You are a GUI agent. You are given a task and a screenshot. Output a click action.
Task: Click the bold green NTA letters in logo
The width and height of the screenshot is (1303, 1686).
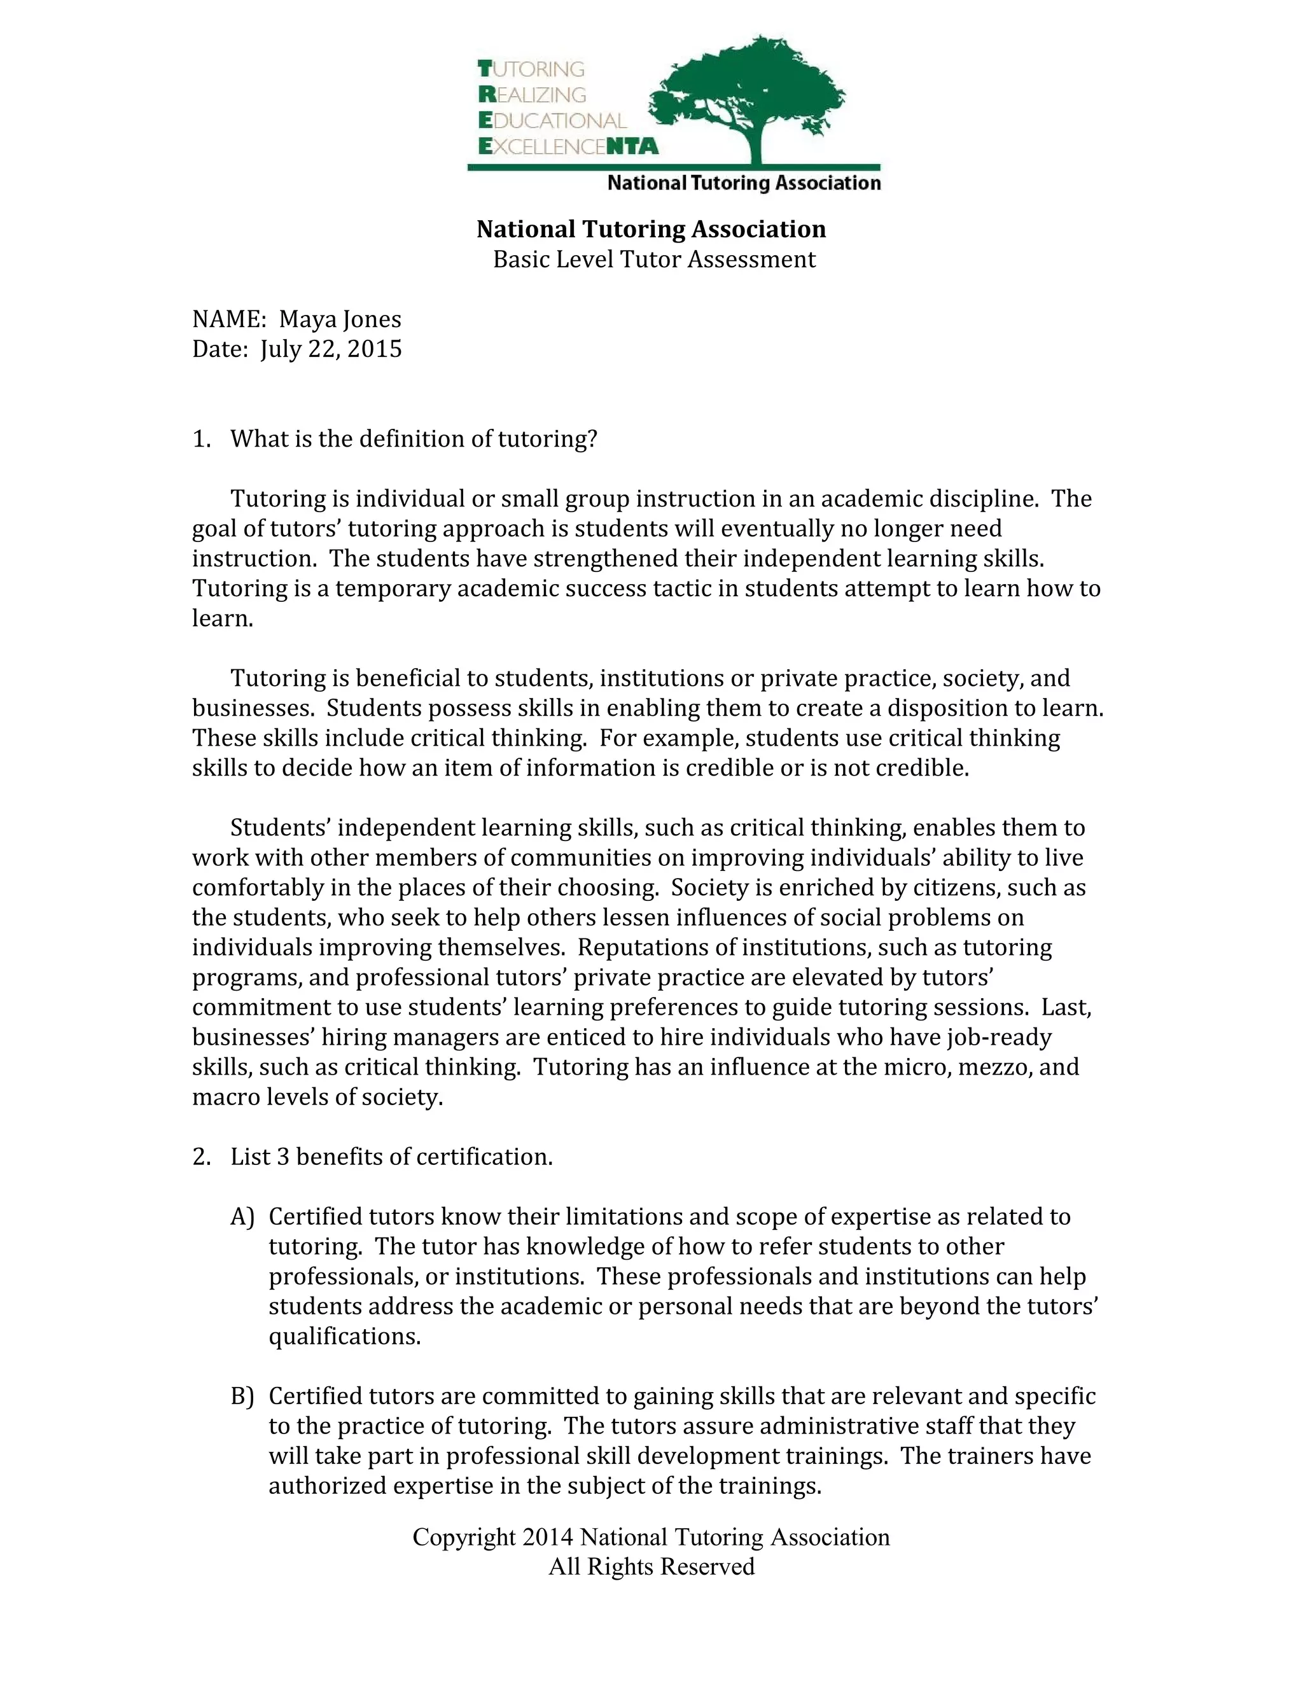pos(633,146)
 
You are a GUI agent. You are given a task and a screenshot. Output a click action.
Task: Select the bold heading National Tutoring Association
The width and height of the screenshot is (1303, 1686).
pos(651,229)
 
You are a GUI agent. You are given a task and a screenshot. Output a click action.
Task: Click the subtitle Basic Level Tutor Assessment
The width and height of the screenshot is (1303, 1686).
pos(654,260)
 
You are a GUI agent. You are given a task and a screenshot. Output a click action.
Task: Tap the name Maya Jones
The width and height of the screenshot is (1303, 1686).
pos(340,319)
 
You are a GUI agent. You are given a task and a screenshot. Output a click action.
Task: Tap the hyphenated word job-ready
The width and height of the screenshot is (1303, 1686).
pos(998,1037)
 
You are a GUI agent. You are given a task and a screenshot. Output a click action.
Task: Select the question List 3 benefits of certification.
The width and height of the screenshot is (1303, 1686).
pos(391,1157)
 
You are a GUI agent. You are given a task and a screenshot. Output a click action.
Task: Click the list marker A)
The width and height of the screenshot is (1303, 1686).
pos(242,1217)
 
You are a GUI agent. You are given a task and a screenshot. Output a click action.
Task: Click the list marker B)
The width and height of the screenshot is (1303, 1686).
pos(242,1397)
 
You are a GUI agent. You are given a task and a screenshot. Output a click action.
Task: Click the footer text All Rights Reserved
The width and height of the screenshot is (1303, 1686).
pos(651,1567)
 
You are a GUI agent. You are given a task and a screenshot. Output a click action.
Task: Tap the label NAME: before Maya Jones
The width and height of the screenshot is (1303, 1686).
pos(228,319)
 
